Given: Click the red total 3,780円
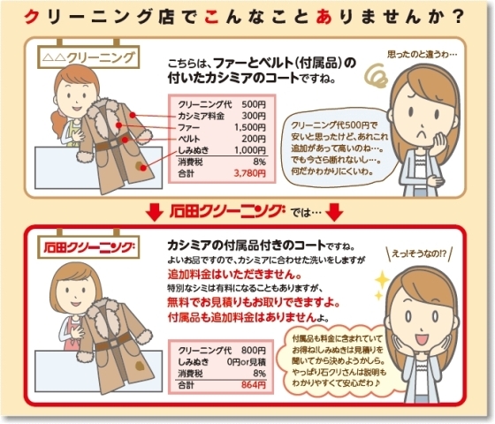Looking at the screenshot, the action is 249,173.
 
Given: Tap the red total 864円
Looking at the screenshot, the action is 254,385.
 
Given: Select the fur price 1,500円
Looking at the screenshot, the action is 249,127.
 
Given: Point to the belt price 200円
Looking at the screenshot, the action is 254,139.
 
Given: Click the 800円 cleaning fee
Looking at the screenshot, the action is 254,350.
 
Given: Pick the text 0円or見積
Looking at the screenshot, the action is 247,362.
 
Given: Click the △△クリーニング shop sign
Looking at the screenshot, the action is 88,57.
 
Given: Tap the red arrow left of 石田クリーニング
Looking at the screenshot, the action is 155,212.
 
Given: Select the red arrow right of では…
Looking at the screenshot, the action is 334,212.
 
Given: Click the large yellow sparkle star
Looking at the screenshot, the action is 383,279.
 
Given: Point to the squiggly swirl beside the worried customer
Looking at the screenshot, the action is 377,76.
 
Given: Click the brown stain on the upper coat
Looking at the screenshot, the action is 139,164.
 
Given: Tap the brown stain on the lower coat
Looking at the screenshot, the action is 140,366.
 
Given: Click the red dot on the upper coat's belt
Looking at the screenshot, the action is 126,140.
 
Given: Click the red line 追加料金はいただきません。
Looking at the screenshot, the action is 234,275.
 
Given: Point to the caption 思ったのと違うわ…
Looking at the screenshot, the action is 423,54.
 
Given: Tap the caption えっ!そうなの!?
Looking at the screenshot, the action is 420,254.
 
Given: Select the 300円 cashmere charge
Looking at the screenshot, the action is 254,116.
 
